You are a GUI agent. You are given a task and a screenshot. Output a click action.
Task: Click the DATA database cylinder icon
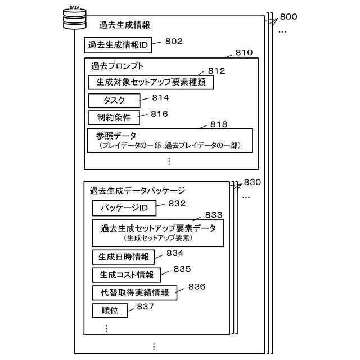click(x=74, y=19)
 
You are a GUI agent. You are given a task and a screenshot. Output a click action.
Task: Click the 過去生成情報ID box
click(x=118, y=45)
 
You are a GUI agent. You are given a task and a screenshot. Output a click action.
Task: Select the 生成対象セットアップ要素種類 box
click(x=151, y=82)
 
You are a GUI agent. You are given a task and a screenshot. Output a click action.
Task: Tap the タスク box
click(x=114, y=101)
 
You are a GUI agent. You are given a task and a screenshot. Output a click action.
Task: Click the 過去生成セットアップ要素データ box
click(x=159, y=233)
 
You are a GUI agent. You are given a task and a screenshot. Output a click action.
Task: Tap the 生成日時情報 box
click(x=123, y=257)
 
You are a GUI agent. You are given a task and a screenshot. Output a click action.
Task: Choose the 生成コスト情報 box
click(x=127, y=275)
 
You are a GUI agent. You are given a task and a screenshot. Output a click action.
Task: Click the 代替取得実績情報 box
click(x=134, y=293)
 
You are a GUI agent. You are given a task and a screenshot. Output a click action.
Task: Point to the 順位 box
click(x=110, y=310)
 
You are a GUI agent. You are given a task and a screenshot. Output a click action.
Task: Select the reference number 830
click(x=253, y=183)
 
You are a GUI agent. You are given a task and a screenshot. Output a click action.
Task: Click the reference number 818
click(x=218, y=124)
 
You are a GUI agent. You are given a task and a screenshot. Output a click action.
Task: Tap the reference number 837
click(x=145, y=306)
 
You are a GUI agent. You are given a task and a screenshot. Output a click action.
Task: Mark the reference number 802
click(x=174, y=41)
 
